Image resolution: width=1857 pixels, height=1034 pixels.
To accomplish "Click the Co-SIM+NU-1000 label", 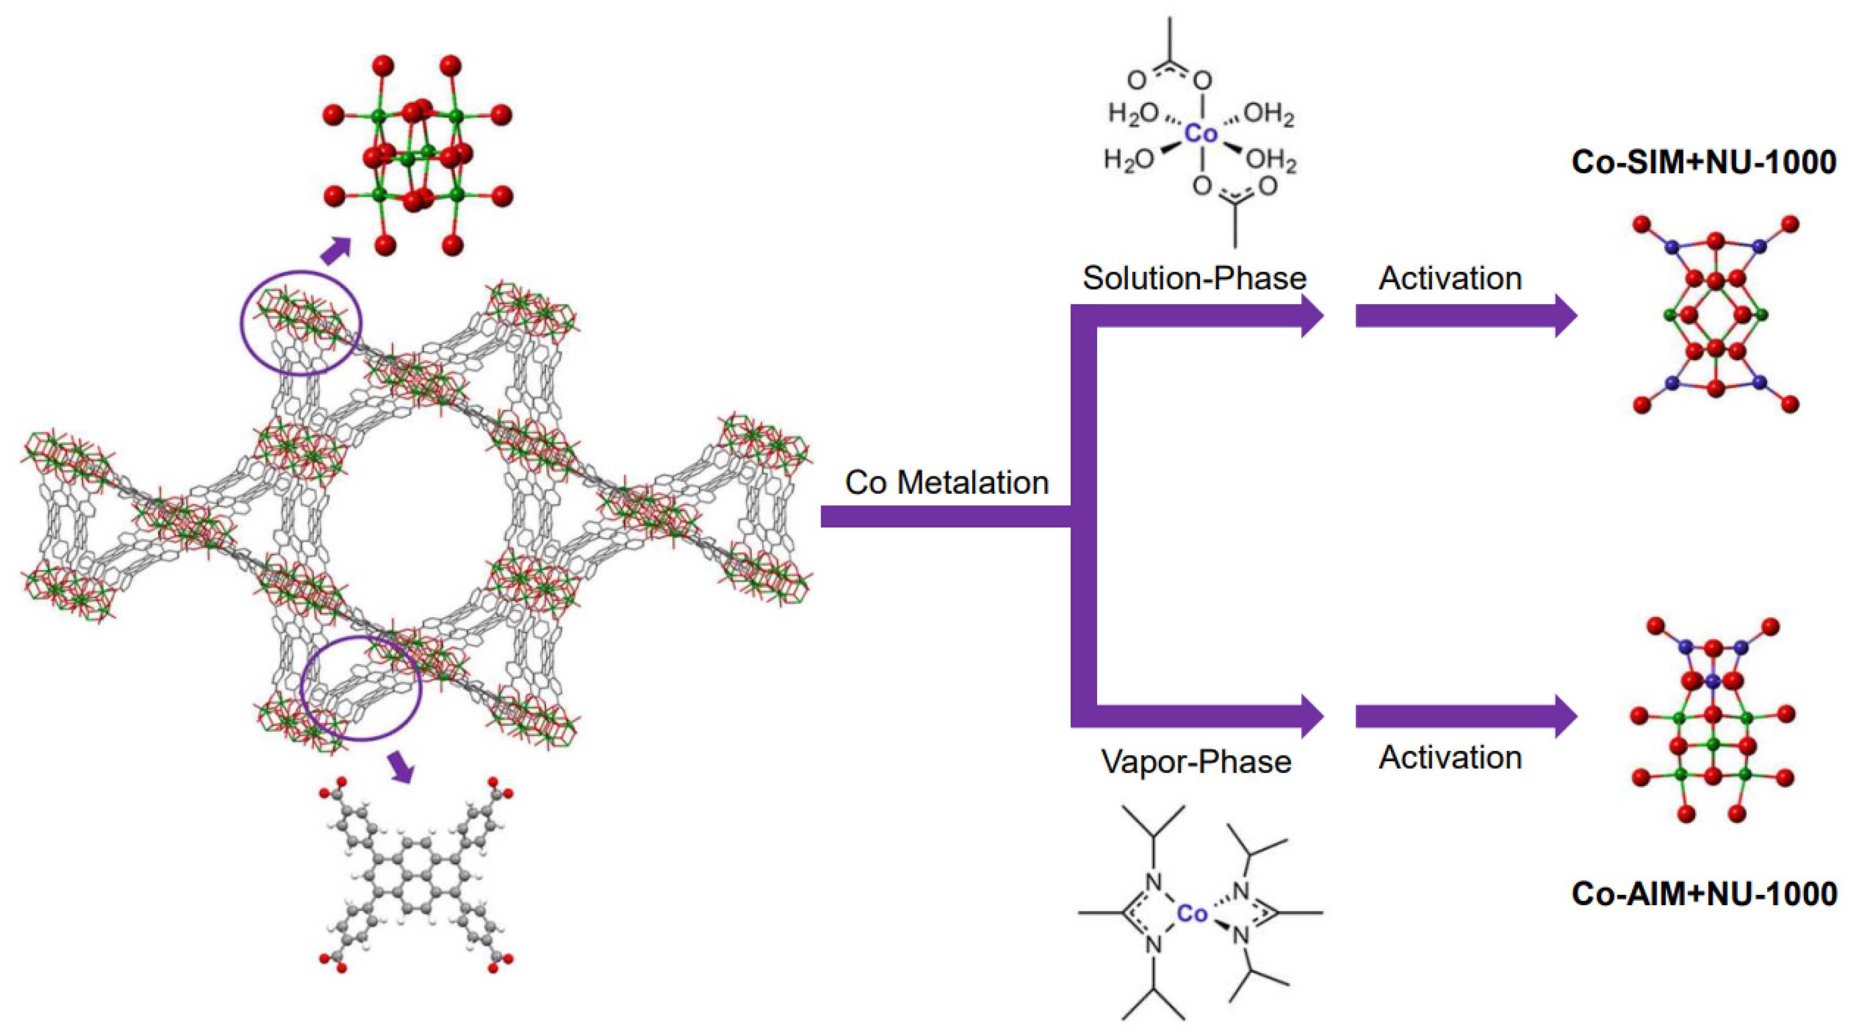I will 1703,162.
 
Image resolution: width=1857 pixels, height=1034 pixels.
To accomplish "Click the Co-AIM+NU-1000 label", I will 1703,894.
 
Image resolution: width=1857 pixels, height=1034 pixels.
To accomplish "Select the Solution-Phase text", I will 1194,278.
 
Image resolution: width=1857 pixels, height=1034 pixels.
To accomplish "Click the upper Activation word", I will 1449,278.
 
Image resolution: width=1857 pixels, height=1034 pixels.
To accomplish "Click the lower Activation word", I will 1449,757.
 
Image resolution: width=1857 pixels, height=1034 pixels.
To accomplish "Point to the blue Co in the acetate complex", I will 1201,133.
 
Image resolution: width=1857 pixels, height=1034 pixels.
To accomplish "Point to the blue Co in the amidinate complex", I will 1192,914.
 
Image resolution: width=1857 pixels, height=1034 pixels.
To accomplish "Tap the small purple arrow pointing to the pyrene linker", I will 401,767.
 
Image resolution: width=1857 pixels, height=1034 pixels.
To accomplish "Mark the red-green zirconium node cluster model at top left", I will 417,155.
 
